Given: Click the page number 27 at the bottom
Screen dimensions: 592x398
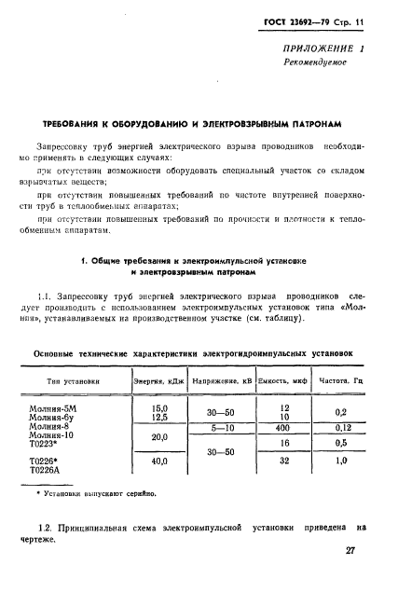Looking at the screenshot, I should tap(351, 551).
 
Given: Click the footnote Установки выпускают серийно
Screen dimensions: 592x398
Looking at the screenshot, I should tap(94, 493).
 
